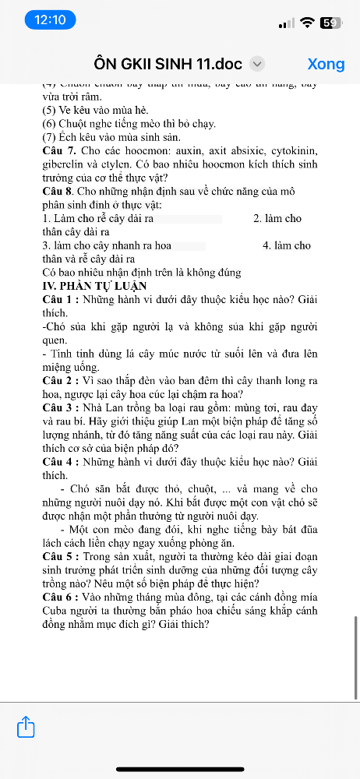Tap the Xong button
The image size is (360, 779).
tap(326, 64)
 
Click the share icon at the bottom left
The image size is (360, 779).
tap(26, 728)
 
